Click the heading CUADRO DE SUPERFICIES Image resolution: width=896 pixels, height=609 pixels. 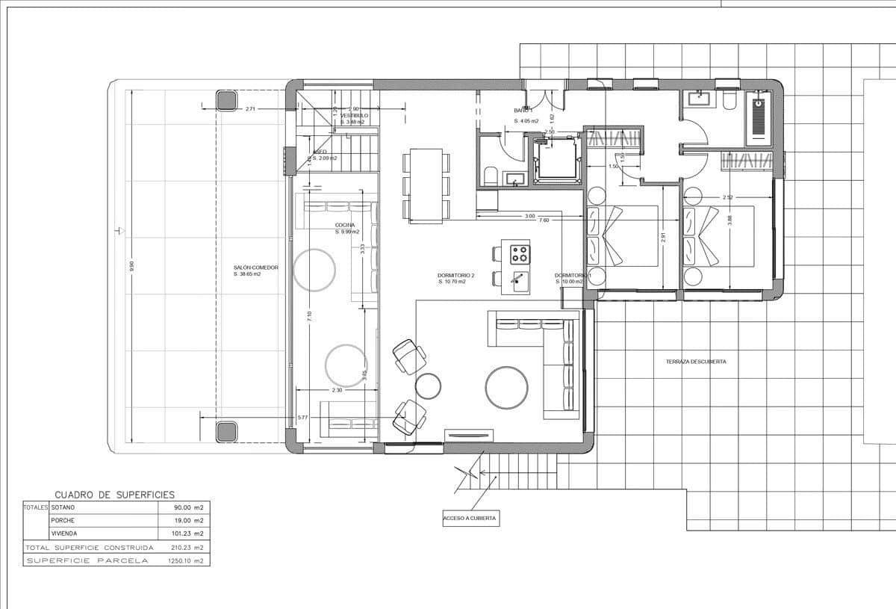click(115, 495)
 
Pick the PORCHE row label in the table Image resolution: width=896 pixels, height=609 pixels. click(63, 521)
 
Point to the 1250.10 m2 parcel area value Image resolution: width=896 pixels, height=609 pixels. click(186, 560)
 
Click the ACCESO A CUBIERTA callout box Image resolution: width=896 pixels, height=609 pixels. click(470, 517)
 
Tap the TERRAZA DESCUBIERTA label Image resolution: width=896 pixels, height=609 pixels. click(696, 362)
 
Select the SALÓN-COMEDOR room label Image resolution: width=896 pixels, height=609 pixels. click(255, 267)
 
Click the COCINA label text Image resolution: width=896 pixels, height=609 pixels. click(345, 225)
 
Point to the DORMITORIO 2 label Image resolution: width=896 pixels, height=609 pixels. click(456, 276)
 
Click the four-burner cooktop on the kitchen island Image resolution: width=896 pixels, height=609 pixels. click(520, 254)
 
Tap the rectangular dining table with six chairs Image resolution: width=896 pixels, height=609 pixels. click(426, 185)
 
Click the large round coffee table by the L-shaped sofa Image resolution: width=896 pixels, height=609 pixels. click(507, 387)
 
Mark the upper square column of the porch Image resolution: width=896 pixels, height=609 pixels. click(226, 100)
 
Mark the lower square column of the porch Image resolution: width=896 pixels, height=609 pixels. click(226, 431)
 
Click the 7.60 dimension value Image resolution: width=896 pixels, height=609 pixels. click(544, 220)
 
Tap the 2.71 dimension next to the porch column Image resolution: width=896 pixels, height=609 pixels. click(250, 109)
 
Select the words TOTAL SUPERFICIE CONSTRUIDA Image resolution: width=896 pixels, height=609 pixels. click(89, 548)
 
